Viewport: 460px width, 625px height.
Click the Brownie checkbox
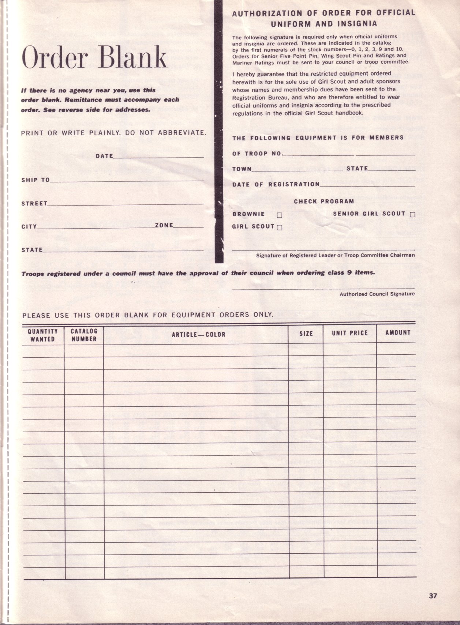tap(280, 215)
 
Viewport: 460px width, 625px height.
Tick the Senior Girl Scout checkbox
tap(412, 215)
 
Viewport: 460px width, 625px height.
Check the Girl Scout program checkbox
tap(280, 227)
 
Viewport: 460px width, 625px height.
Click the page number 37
tap(433, 596)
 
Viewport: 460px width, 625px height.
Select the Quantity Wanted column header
tap(43, 335)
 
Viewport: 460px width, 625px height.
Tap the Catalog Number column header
tap(84, 335)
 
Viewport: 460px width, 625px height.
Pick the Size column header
tap(306, 333)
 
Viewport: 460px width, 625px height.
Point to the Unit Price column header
tap(349, 333)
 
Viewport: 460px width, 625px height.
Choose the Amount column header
tap(398, 332)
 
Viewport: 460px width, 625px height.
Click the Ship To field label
tap(35, 180)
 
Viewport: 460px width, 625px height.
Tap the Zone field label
tap(164, 225)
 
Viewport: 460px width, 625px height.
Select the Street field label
tap(34, 203)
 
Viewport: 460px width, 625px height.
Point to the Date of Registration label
tap(276, 184)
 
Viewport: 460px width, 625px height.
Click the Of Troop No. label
tap(258, 154)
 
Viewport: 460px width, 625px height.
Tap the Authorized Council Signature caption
tap(377, 294)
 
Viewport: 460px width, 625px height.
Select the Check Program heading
tap(324, 201)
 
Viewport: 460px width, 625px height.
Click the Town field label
tap(242, 169)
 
